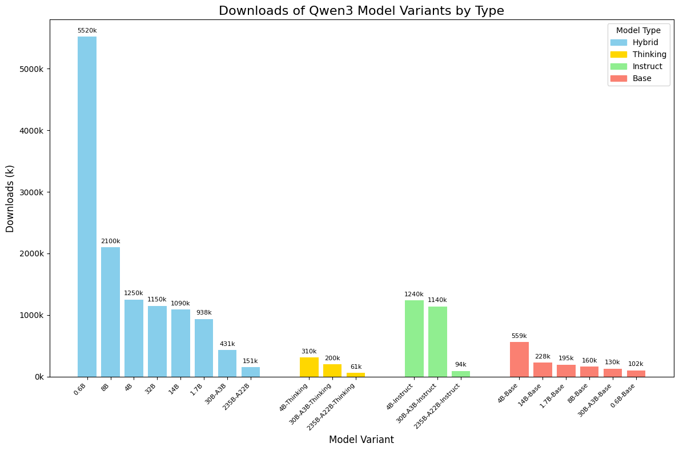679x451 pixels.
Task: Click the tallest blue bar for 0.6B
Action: (x=87, y=206)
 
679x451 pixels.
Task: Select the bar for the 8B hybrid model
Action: (x=110, y=312)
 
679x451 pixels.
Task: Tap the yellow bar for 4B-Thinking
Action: (x=309, y=367)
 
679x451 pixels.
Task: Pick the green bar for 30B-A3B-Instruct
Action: (x=437, y=341)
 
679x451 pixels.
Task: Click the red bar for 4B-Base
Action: (x=519, y=359)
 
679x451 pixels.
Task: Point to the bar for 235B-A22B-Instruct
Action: (x=461, y=374)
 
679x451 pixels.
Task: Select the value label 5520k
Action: (x=87, y=30)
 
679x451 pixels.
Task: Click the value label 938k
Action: (x=204, y=313)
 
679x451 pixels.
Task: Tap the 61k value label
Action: (x=356, y=367)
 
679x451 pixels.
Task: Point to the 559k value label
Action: (x=519, y=336)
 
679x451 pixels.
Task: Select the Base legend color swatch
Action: (x=618, y=78)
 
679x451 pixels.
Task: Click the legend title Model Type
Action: (x=638, y=30)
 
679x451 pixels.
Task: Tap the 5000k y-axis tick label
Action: (x=35, y=69)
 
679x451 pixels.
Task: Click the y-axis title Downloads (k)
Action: (x=10, y=198)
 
